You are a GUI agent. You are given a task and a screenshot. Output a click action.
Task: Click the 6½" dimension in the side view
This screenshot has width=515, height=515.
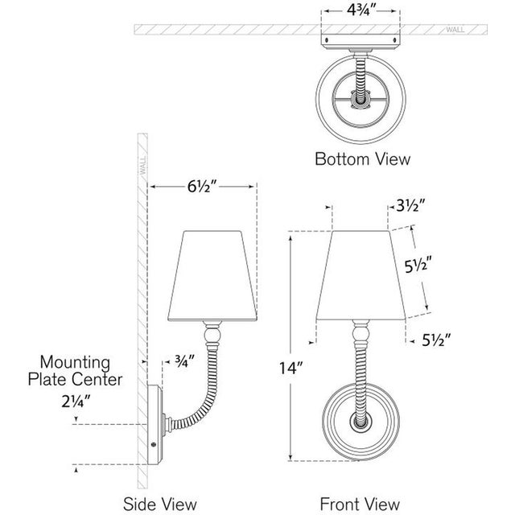click(x=201, y=187)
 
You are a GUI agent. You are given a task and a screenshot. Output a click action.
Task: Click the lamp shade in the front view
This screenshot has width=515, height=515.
click(x=360, y=274)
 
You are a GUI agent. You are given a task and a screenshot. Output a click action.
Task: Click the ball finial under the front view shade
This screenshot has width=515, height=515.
click(x=361, y=330)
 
